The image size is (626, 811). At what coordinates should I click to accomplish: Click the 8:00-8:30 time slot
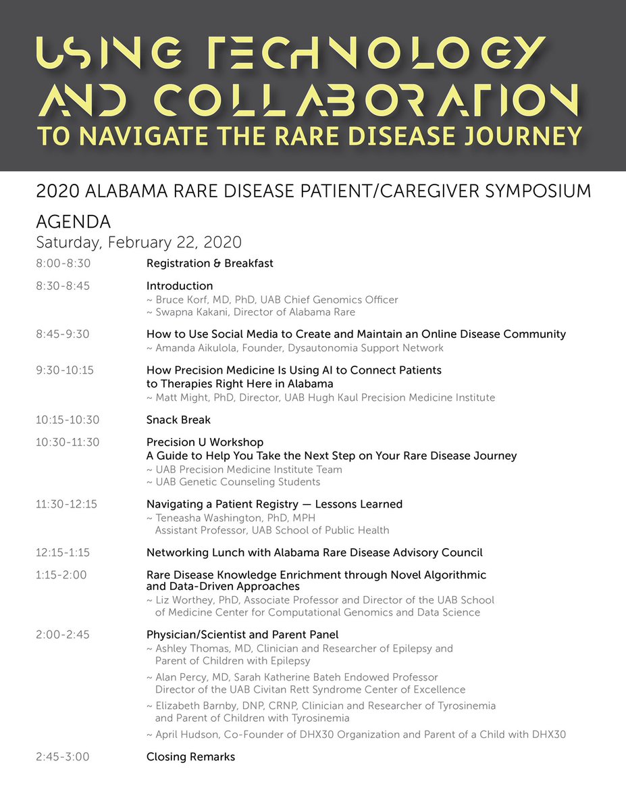tap(63, 263)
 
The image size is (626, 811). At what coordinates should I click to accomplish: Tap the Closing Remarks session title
tap(190, 757)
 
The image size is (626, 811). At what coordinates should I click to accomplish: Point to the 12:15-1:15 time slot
tap(63, 552)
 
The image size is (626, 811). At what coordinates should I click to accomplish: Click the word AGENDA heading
tap(74, 222)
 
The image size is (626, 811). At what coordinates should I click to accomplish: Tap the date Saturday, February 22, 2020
tap(139, 242)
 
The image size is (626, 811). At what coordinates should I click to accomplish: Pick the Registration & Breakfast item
tap(209, 263)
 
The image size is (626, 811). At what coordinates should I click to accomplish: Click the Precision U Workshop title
tap(205, 442)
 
